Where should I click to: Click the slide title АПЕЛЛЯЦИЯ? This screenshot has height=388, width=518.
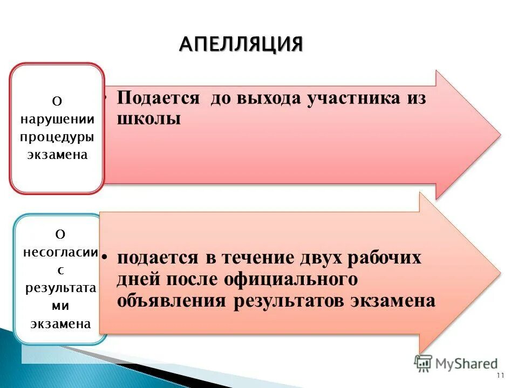pyautogui.click(x=241, y=44)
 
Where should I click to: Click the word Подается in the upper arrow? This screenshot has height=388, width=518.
pyautogui.click(x=159, y=98)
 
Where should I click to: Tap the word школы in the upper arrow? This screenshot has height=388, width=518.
pyautogui.click(x=148, y=119)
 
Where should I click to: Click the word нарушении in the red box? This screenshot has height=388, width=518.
pyautogui.click(x=57, y=119)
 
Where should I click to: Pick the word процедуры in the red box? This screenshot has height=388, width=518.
pyautogui.click(x=57, y=136)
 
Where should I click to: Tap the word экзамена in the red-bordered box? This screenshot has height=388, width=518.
pyautogui.click(x=57, y=154)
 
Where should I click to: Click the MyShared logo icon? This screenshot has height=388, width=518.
pyautogui.click(x=423, y=363)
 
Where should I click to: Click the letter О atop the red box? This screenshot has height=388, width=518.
pyautogui.click(x=57, y=101)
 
